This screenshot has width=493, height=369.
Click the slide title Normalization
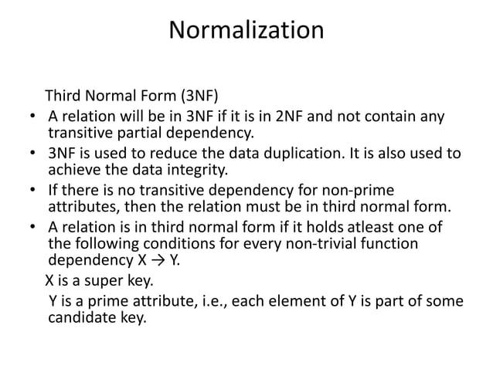pyautogui.click(x=246, y=32)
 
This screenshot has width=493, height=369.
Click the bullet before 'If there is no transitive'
pyautogui.click(x=31, y=189)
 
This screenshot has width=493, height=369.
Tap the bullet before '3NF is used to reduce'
pyautogui.click(x=31, y=153)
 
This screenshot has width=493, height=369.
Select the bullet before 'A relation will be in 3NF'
pyautogui.click(x=31, y=118)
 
